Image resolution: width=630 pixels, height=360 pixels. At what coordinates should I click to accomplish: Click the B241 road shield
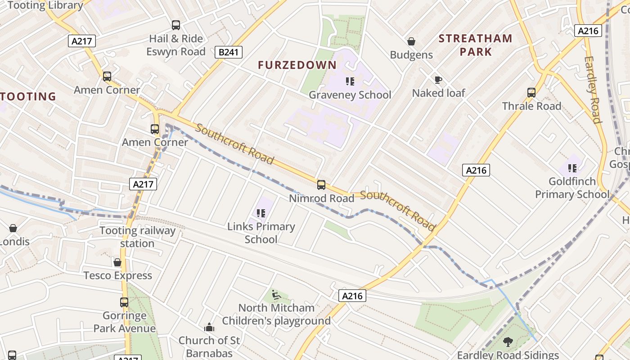[228, 52]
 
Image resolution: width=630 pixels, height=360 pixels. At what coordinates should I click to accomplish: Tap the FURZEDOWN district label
[297, 65]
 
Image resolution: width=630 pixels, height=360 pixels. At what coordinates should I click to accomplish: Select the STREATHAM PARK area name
[475, 45]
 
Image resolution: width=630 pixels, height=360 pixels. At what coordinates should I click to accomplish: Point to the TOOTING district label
[28, 96]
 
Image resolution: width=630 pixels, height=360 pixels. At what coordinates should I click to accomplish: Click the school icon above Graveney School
[350, 81]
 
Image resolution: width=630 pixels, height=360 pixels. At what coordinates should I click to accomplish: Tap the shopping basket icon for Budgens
[411, 41]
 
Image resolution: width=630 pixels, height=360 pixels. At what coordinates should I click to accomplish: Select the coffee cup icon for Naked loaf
[438, 80]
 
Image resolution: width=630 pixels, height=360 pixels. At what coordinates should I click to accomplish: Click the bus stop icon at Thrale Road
[531, 93]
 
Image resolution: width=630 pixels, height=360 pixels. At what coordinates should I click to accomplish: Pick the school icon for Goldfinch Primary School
[572, 168]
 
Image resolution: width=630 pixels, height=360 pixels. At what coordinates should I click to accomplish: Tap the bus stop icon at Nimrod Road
[321, 184]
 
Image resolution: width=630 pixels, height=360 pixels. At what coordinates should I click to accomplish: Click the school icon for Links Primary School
[261, 213]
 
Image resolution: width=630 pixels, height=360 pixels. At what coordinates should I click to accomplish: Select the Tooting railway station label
[137, 237]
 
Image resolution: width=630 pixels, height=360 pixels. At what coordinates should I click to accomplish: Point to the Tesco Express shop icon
[117, 262]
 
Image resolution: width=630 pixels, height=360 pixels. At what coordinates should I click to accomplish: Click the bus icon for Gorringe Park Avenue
[124, 302]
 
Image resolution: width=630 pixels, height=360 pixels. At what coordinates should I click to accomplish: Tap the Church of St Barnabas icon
[209, 327]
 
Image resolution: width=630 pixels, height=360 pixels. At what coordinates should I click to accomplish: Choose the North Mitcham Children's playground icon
[276, 295]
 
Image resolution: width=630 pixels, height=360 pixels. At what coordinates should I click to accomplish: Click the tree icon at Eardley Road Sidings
[508, 342]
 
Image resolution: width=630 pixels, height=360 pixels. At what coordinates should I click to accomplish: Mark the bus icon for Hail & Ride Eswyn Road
[176, 25]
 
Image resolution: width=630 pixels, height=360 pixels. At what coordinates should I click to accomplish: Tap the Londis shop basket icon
[13, 228]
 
